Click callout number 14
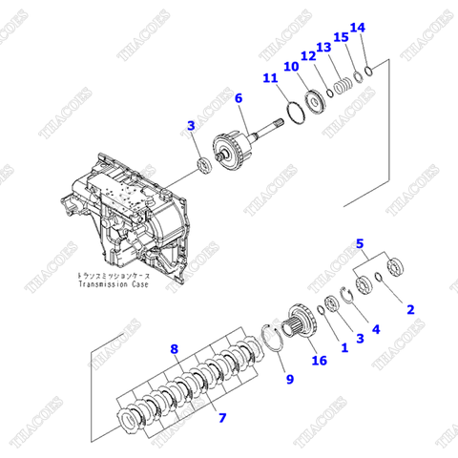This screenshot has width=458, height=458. point(358,28)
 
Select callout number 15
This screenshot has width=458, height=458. point(341,38)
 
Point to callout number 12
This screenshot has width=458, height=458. point(309,57)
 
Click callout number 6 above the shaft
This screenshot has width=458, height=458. point(239,97)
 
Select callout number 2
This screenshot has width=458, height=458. point(411,308)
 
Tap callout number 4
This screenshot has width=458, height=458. point(375,329)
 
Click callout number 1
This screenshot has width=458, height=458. point(344,348)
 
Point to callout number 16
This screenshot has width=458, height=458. point(320,360)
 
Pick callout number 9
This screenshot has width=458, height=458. point(289,379)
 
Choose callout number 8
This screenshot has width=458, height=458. point(175,349)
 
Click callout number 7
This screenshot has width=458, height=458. point(222,417)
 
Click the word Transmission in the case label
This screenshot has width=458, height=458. point(108,283)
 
